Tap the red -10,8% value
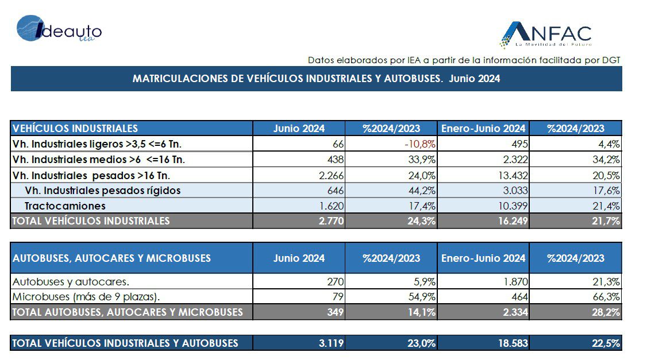[x=421, y=144]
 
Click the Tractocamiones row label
[x=65, y=206]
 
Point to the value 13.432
[x=512, y=175]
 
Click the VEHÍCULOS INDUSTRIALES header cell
[x=75, y=128]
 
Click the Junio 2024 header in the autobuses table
[x=299, y=258]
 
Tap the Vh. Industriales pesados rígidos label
[x=102, y=191]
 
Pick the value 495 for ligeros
[x=518, y=144]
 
